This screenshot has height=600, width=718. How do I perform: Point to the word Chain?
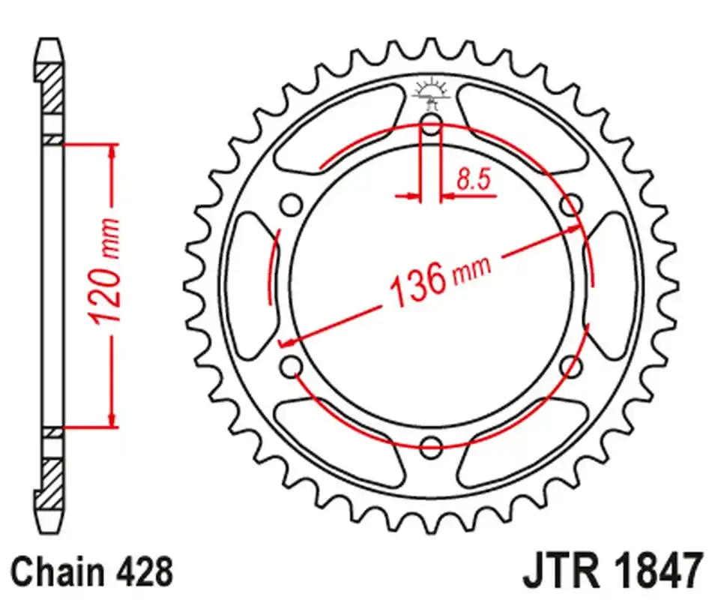[x=60, y=571]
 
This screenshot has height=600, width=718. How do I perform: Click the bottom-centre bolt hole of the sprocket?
[x=431, y=448]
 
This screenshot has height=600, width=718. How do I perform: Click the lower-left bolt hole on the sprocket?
[x=292, y=366]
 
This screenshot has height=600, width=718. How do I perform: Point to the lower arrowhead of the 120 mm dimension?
[x=112, y=420]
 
